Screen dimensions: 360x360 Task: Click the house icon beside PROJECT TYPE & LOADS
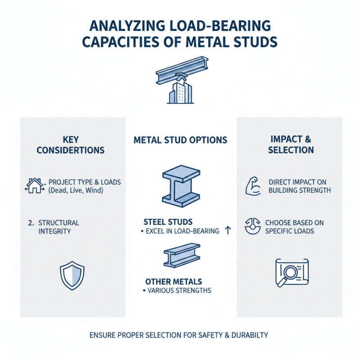34,185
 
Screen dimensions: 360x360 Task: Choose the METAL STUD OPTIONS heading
180,140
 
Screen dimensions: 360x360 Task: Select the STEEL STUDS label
168,222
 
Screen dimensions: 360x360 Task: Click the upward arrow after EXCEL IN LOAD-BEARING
228,231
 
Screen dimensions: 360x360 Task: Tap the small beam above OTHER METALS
181,256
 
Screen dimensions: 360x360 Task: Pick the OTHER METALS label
171,281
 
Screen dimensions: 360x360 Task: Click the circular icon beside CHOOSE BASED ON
252,226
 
